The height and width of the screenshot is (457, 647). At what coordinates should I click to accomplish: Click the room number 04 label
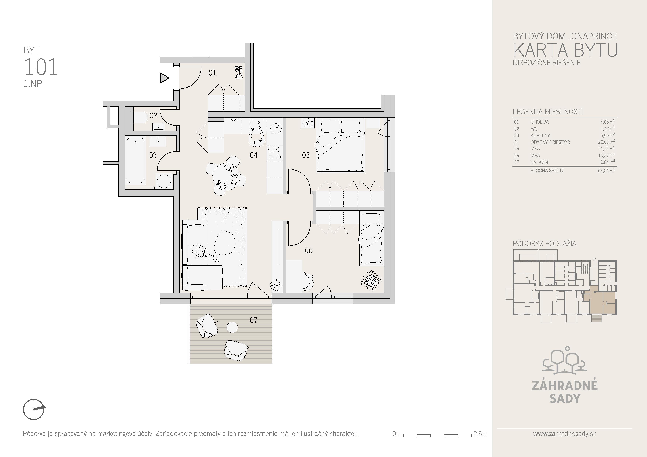point(254,155)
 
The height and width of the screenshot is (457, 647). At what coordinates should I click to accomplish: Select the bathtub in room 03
point(136,160)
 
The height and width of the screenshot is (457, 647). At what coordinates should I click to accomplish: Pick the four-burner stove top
point(274,153)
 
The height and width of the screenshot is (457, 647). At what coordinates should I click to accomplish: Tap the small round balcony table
point(232,327)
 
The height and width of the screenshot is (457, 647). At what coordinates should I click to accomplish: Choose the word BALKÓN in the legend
point(539,162)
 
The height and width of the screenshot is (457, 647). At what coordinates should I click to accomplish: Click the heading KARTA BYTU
point(565,50)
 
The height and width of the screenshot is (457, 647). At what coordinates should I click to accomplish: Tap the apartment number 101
point(41,67)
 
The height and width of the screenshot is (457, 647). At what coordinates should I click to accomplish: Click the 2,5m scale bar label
point(480,434)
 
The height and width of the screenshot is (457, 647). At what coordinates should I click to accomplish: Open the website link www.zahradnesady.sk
point(564,434)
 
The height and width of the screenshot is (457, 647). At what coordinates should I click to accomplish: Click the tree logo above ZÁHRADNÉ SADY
point(565,360)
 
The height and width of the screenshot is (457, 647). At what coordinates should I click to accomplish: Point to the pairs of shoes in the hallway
point(239,72)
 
